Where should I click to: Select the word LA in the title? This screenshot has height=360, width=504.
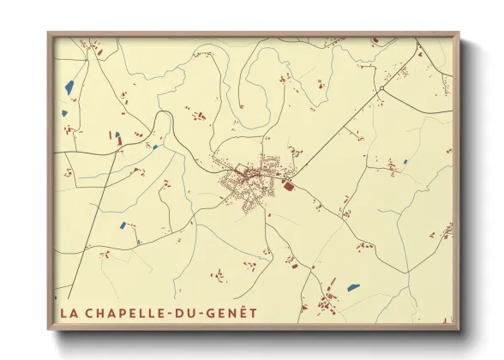pyautogui.click(x=68, y=313)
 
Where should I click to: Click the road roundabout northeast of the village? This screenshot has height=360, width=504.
pyautogui.click(x=381, y=88)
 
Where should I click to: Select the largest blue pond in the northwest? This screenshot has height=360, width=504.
pyautogui.click(x=69, y=87)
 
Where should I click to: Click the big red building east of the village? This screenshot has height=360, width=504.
pyautogui.click(x=288, y=184)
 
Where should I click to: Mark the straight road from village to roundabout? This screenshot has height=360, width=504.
pyautogui.click(x=334, y=134)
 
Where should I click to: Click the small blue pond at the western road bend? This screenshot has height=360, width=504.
pyautogui.click(x=155, y=147)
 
